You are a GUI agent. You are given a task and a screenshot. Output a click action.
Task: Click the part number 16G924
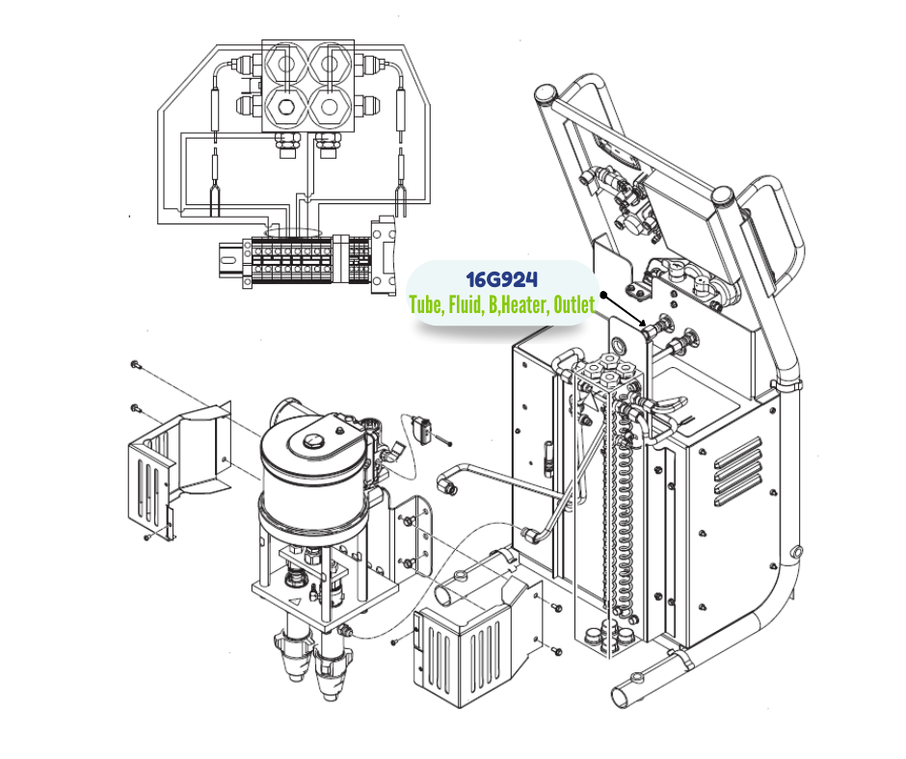pos(501,280)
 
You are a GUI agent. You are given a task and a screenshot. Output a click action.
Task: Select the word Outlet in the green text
pos(574,306)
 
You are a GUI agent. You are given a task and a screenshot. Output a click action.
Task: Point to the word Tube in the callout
pos(424,306)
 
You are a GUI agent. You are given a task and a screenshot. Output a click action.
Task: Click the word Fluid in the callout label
pos(464,306)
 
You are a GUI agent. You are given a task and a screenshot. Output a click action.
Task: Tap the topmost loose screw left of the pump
pos(134,365)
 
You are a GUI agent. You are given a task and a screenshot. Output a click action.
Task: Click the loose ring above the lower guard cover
pos(461,579)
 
